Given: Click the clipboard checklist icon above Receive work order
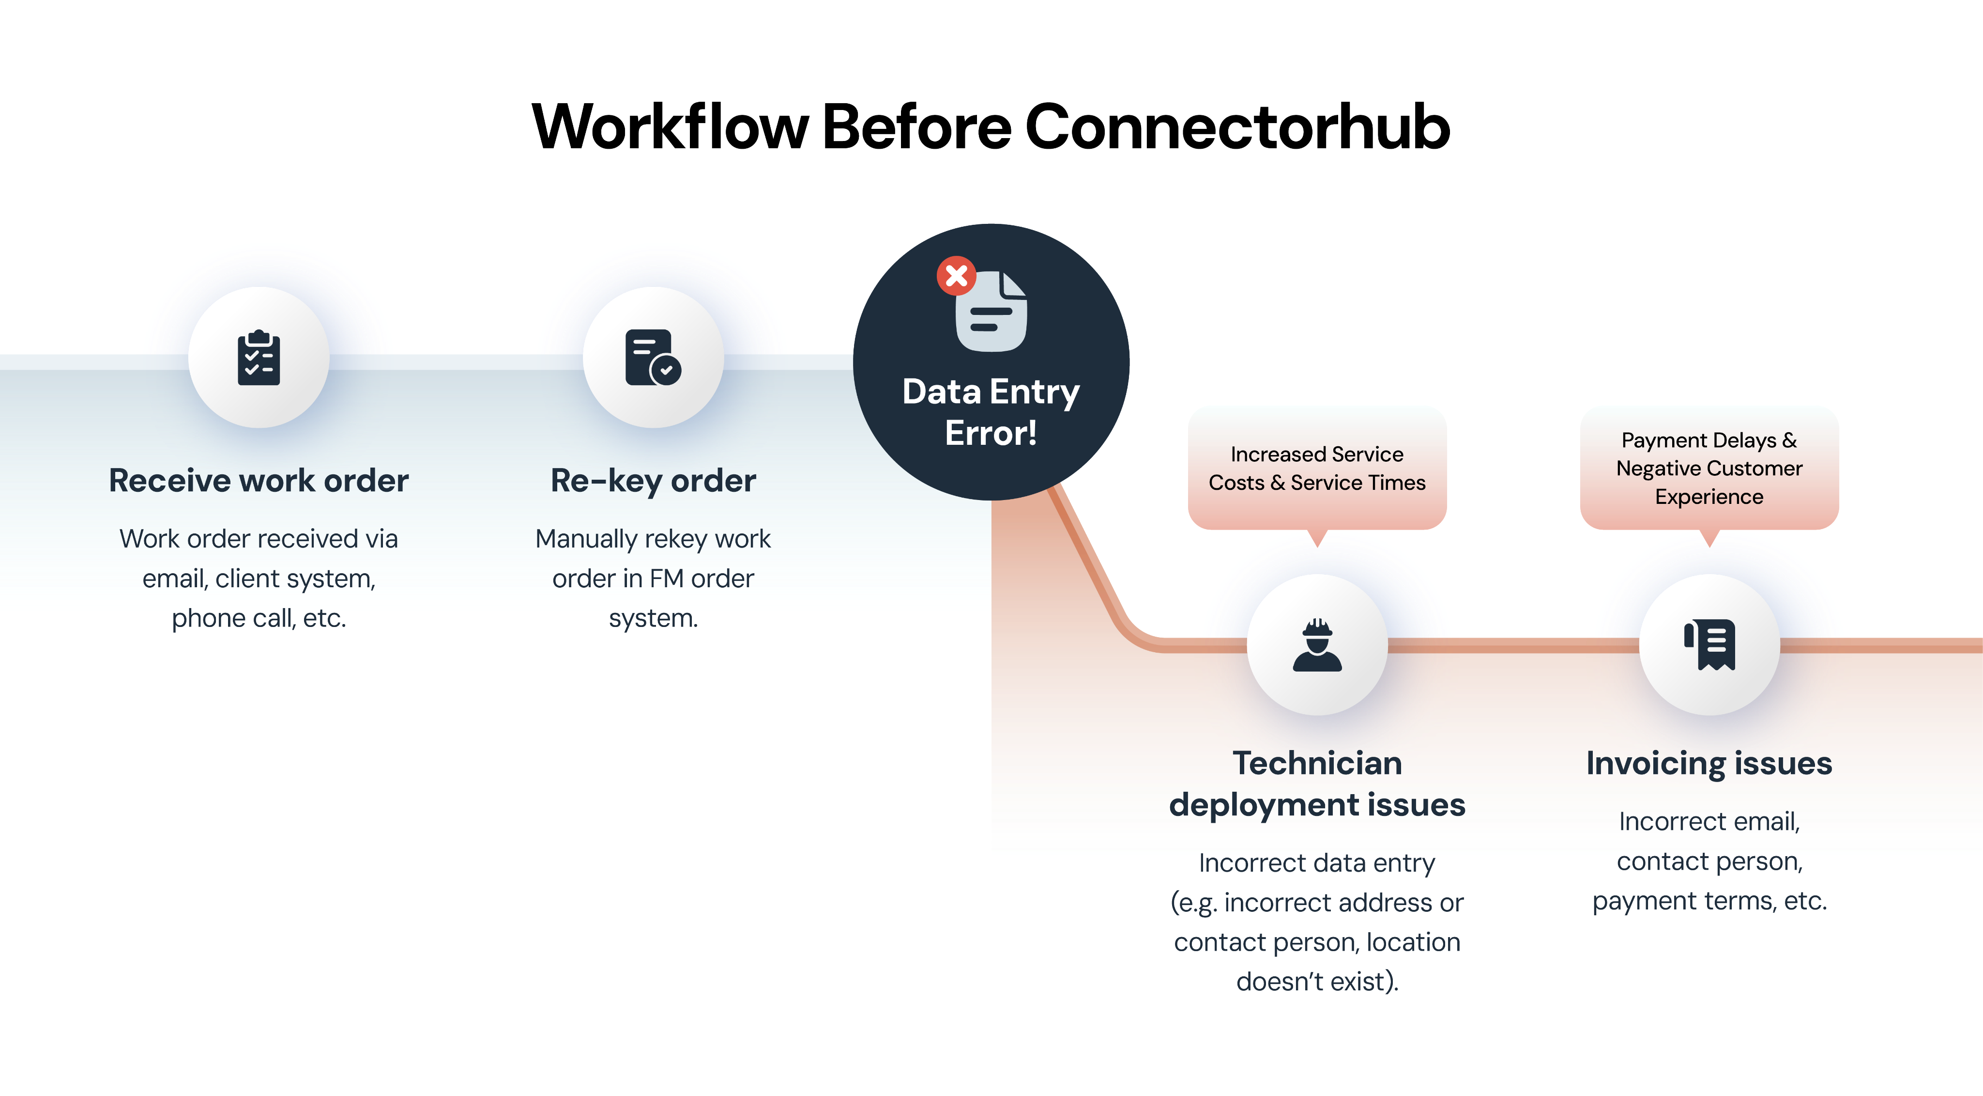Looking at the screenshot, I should [x=259, y=358].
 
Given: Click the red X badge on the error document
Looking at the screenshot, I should [x=956, y=275].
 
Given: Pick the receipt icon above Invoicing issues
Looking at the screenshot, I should [x=1710, y=644].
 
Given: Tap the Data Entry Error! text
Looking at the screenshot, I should [x=991, y=412].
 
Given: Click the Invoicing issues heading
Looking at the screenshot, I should [x=1709, y=763].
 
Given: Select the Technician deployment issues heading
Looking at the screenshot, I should [x=1317, y=783].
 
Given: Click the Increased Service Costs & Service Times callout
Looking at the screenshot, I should [x=1317, y=468].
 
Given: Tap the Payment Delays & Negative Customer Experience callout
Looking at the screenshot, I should [x=1709, y=468].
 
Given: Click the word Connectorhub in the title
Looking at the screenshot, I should [x=1238, y=126].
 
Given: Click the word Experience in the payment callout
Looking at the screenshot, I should [x=1709, y=497].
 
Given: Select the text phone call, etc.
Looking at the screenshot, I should [x=259, y=618].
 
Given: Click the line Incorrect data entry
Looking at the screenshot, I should [x=1317, y=862].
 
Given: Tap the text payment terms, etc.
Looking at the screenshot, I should [x=1709, y=900].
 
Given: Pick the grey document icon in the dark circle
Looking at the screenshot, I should [x=991, y=313].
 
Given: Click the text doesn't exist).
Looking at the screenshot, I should [x=1317, y=981].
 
